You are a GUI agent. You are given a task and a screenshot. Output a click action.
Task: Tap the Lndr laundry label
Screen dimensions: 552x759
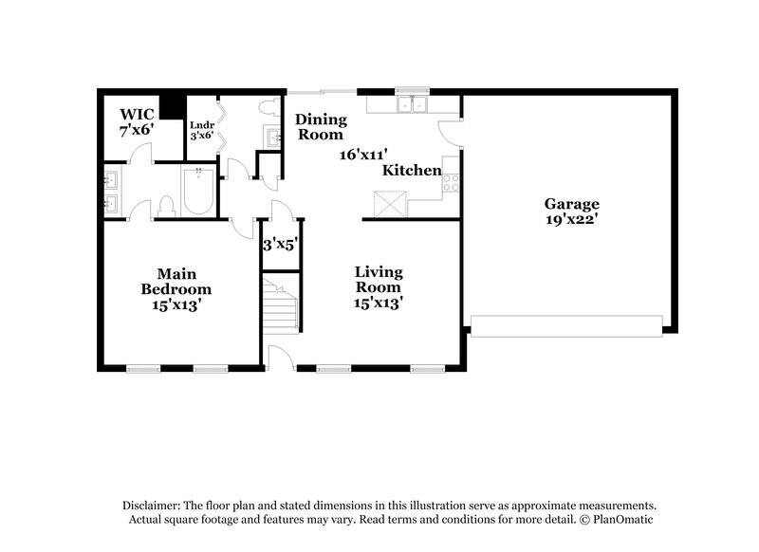click(x=200, y=130)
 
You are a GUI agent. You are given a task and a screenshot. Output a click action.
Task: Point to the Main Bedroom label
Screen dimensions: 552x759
click(x=176, y=281)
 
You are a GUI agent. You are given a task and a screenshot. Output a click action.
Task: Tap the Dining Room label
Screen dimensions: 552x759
click(x=321, y=127)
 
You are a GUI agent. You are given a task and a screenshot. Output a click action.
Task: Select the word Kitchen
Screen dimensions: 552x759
click(x=412, y=171)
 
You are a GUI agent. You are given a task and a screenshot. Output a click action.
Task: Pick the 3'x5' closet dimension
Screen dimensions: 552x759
click(x=281, y=245)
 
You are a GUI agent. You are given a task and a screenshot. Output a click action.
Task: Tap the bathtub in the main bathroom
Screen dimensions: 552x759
click(x=200, y=190)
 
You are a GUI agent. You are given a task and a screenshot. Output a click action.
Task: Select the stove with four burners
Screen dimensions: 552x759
click(x=451, y=182)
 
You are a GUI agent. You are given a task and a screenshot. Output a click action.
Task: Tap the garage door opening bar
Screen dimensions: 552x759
click(x=567, y=327)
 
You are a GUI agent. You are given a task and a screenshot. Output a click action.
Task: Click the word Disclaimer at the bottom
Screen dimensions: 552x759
click(x=155, y=506)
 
